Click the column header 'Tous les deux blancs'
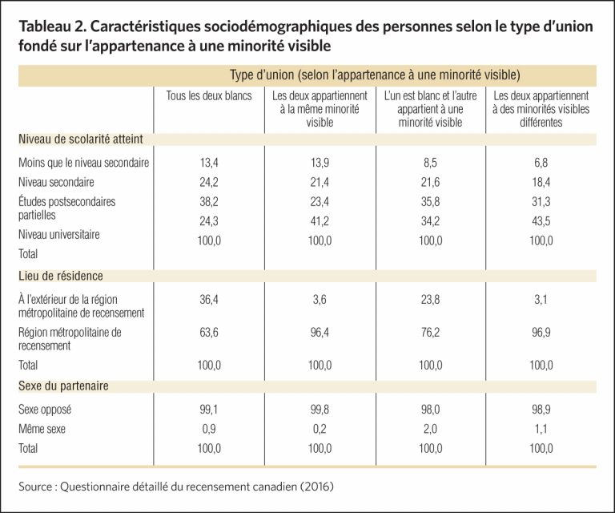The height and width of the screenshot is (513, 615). coord(209,95)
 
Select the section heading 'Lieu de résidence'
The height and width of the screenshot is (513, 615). coord(61,276)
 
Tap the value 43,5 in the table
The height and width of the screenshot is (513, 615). coord(541,221)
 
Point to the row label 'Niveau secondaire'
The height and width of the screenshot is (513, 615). coord(56,182)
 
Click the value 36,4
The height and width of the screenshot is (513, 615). coord(209,300)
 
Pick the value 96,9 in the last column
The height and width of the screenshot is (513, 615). coord(541,333)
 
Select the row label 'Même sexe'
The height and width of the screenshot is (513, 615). coord(42,429)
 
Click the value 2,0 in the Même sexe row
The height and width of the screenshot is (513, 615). coord(430,429)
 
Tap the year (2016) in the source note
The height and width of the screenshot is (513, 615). coord(316,487)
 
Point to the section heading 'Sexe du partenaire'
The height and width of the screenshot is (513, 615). coord(63,386)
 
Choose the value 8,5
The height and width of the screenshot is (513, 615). coord(430,163)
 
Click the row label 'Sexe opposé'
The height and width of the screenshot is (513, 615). coord(45,410)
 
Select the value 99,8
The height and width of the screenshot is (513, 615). coord(320,410)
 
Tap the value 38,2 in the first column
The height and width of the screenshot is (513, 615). coord(209,202)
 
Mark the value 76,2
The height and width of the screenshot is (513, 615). coord(430,333)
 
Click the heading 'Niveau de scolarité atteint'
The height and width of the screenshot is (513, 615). coord(81,139)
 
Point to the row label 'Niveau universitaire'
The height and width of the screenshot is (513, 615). coord(59,234)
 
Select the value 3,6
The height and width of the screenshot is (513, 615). coord(320,300)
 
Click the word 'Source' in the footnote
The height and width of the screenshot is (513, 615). coord(35,487)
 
